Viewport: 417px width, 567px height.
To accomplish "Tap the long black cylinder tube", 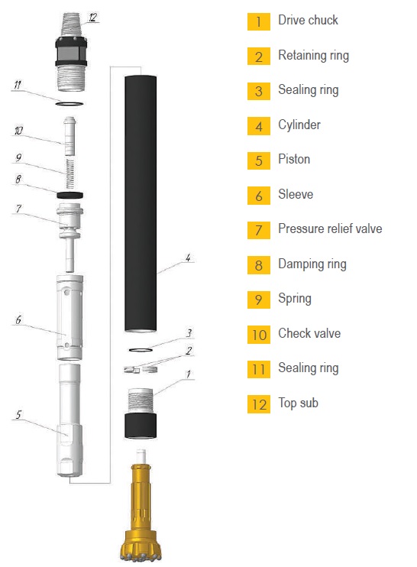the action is [141, 203].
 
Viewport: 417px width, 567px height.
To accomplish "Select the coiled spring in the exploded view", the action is [70, 173].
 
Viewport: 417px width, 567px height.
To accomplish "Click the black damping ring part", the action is [69, 196].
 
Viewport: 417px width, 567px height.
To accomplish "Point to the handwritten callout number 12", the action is [93, 18].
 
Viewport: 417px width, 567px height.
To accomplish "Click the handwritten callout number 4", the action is [188, 258].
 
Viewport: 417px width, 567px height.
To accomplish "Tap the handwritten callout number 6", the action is [18, 319].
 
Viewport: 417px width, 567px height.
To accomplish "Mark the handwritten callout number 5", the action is [19, 414].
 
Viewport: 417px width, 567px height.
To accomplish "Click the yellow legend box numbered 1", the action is [259, 21].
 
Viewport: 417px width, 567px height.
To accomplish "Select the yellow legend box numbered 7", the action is [259, 230].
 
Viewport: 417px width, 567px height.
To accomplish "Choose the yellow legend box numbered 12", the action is [259, 404].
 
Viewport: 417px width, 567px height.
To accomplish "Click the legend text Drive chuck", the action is [308, 20].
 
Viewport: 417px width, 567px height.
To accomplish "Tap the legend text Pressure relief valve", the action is [330, 228].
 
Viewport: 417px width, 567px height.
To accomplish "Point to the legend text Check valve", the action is [309, 333].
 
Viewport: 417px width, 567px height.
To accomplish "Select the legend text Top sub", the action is [298, 403].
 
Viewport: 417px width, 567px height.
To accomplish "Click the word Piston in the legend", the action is [294, 159].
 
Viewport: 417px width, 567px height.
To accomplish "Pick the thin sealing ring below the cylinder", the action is [141, 350].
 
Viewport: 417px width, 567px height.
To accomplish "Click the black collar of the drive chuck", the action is [141, 425].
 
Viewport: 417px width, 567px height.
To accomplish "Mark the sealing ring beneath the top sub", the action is [69, 104].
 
